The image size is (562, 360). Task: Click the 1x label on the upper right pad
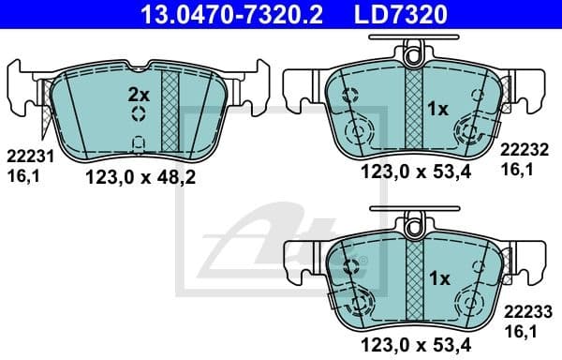tap(438, 109)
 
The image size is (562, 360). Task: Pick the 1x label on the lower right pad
tap(438, 278)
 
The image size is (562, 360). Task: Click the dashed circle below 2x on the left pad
tap(138, 114)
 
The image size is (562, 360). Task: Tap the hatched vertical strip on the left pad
tap(170, 111)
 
